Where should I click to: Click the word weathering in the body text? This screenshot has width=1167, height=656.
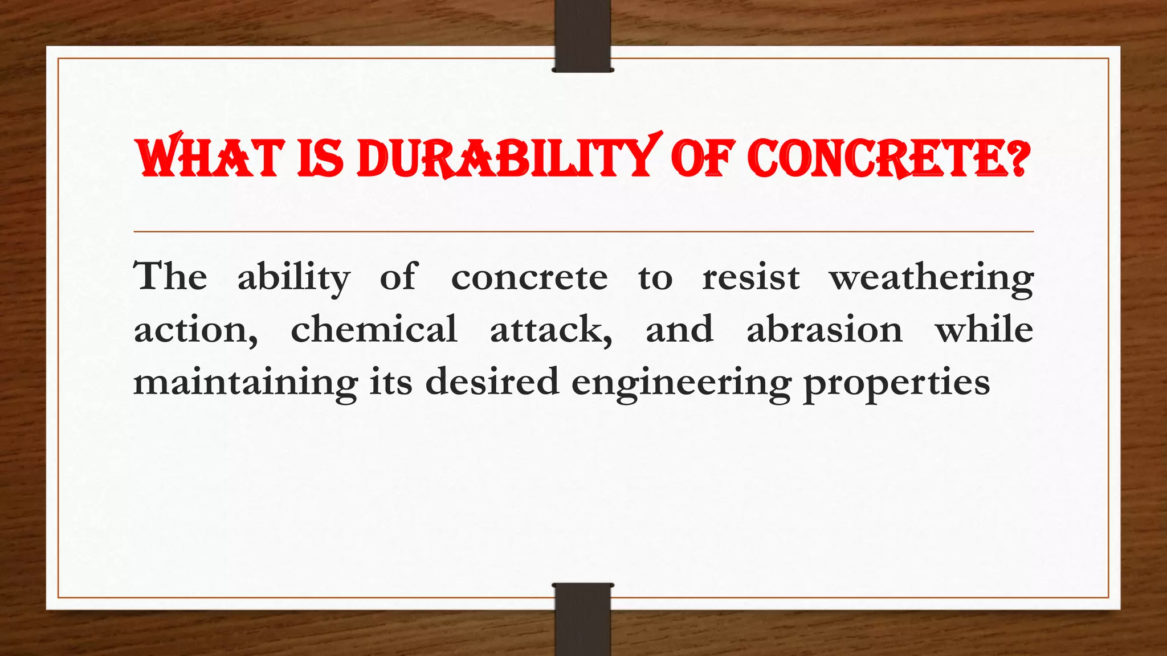click(931, 278)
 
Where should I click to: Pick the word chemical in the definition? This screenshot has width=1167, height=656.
click(374, 329)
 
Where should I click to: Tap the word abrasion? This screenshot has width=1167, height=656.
click(824, 329)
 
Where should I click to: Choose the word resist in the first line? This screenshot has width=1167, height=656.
click(750, 277)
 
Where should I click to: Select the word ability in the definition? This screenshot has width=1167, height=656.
click(293, 278)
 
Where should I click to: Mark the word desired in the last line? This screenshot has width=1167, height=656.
click(492, 382)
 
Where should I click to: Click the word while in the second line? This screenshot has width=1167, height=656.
click(984, 329)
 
